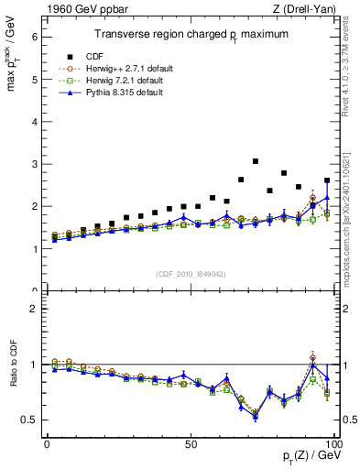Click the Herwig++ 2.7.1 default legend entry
[125, 67]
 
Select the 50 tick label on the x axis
[191, 444]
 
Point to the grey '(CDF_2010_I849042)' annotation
[190, 274]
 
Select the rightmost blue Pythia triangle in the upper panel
[327, 197]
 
